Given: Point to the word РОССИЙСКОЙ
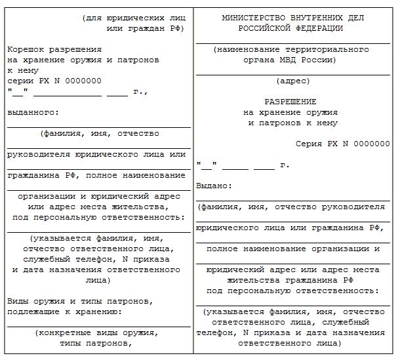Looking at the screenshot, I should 267,29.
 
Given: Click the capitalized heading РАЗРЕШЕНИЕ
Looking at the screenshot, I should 290,102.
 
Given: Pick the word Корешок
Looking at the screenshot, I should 26,50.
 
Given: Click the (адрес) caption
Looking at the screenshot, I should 290,81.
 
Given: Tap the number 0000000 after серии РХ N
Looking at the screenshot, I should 82,81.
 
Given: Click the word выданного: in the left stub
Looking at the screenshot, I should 29,113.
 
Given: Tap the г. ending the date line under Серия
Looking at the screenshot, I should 284,165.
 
